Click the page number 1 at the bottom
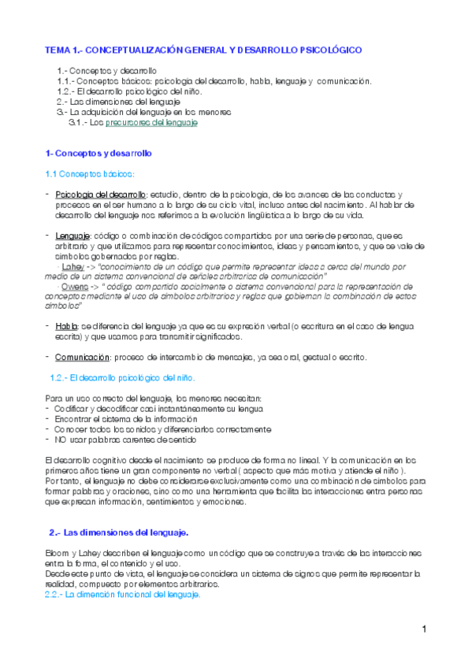coord(423,629)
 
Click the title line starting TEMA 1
coord(203,50)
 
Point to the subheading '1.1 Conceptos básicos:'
coord(90,173)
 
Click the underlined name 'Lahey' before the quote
coord(72,267)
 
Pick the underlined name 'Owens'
coord(75,288)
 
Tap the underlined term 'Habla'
coord(67,325)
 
